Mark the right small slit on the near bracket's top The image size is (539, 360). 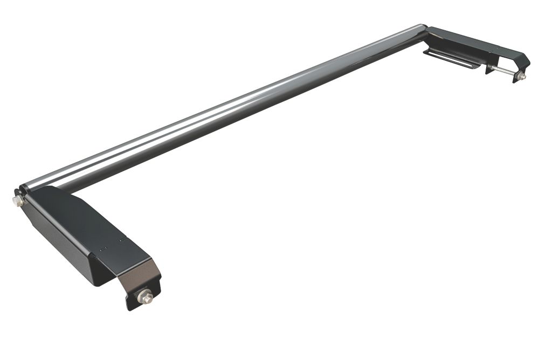[122, 239]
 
